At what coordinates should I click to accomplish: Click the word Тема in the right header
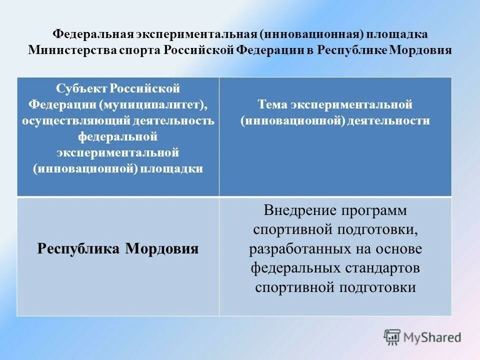274,105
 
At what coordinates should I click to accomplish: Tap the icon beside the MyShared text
392,337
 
